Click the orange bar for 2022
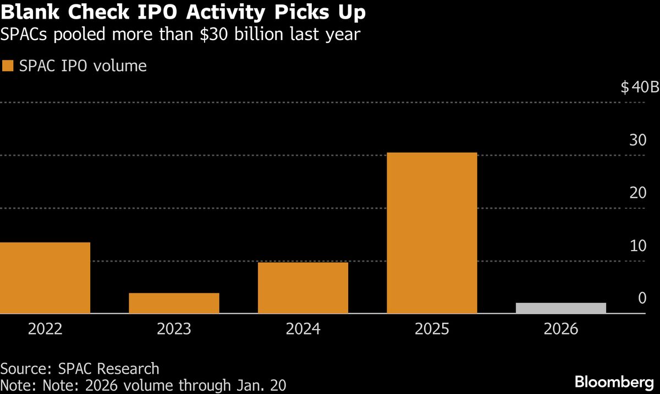[x=45, y=278]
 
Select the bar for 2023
[x=174, y=303]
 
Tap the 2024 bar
[x=303, y=288]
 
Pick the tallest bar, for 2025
[x=432, y=233]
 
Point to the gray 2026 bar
[x=561, y=308]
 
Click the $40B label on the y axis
[x=640, y=87]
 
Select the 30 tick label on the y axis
[x=638, y=140]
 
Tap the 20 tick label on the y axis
[x=638, y=193]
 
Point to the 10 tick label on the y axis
[x=638, y=246]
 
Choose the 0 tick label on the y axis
[x=642, y=298]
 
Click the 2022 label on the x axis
[x=45, y=329]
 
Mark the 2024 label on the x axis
[x=303, y=329]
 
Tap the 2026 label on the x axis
[x=561, y=329]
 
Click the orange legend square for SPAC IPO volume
[x=8, y=66]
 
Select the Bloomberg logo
[x=614, y=382]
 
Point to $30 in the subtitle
[x=214, y=34]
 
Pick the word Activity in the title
[x=226, y=13]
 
